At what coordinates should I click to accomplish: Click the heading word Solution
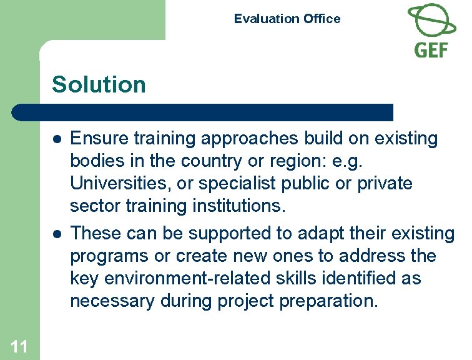(99, 84)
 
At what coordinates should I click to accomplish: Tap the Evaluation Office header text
(287, 19)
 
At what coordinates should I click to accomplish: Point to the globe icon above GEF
(431, 20)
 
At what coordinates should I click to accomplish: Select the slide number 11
(19, 346)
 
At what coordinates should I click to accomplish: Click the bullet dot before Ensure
(56, 139)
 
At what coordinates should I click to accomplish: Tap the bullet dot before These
(56, 234)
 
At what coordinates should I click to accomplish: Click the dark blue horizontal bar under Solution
(203, 112)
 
